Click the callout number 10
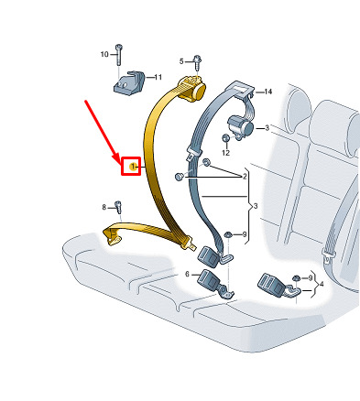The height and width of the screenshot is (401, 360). (104, 54)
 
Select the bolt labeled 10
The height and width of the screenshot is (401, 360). (118, 55)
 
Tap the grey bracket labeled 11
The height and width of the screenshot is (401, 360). (128, 82)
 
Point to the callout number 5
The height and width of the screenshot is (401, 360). (181, 61)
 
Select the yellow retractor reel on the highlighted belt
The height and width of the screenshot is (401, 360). (192, 89)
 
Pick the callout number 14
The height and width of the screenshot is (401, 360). (267, 92)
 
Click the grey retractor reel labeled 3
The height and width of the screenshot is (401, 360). (241, 125)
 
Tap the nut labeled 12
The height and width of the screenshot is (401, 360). (225, 138)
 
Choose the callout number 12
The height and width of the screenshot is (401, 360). (225, 153)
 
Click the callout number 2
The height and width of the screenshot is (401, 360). (245, 177)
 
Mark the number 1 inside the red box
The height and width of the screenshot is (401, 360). (133, 167)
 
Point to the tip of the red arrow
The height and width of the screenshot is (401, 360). (121, 162)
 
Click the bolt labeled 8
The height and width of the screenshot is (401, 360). (118, 208)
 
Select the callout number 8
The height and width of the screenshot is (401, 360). (104, 208)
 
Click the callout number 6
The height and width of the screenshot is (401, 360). (187, 275)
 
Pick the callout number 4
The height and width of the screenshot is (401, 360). (321, 285)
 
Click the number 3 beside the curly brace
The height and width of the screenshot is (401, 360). (256, 207)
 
